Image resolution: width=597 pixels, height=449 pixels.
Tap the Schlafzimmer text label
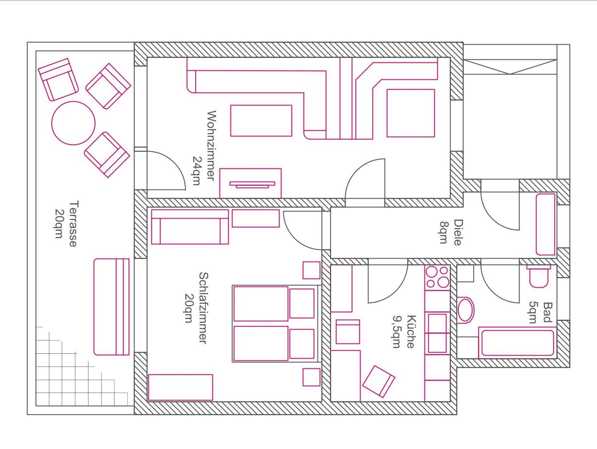click(203, 308)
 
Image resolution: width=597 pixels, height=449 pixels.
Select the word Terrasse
click(73, 224)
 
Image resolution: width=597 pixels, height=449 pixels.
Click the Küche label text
click(410, 331)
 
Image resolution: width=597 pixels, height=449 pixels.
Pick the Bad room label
click(548, 312)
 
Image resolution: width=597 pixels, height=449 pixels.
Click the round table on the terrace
click(73, 123)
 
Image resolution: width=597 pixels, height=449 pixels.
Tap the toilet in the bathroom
click(538, 276)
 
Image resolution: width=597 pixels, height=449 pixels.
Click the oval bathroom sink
click(466, 310)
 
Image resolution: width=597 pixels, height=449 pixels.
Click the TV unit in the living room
click(250, 183)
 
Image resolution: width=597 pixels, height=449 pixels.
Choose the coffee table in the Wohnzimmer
click(261, 121)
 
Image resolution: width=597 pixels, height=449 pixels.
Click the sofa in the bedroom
click(190, 227)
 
